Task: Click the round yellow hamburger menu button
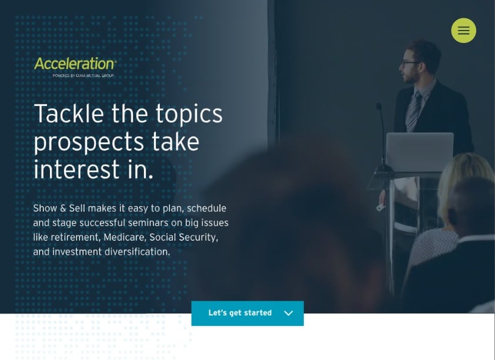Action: coord(463,31)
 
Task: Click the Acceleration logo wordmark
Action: coord(75,64)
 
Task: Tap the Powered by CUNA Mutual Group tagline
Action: coord(83,76)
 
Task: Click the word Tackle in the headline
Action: coord(69,113)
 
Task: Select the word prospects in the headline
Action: coord(89,142)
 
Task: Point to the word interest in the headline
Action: coord(76,169)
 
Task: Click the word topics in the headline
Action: coord(189,114)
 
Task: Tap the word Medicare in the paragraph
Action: coord(125,237)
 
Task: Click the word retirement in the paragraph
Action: coord(75,237)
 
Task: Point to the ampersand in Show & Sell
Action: coord(63,208)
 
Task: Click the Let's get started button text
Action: coord(240,313)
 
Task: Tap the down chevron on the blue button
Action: coord(288,313)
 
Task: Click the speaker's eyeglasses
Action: coord(409,64)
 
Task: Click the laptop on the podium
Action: coord(420,152)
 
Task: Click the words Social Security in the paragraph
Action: coord(184,237)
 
